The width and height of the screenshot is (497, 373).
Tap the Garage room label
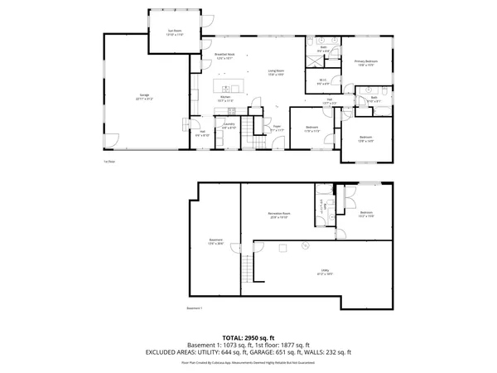143,96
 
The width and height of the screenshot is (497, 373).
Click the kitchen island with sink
228,87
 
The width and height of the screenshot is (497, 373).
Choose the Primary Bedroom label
366,63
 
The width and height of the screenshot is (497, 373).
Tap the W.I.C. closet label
325,82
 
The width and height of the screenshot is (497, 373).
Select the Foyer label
277,128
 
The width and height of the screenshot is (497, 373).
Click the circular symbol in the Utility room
305,245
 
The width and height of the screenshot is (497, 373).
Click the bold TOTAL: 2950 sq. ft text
248,338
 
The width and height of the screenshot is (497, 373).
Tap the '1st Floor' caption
109,161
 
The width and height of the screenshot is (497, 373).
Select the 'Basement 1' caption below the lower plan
195,308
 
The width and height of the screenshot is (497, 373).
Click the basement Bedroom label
367,215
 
